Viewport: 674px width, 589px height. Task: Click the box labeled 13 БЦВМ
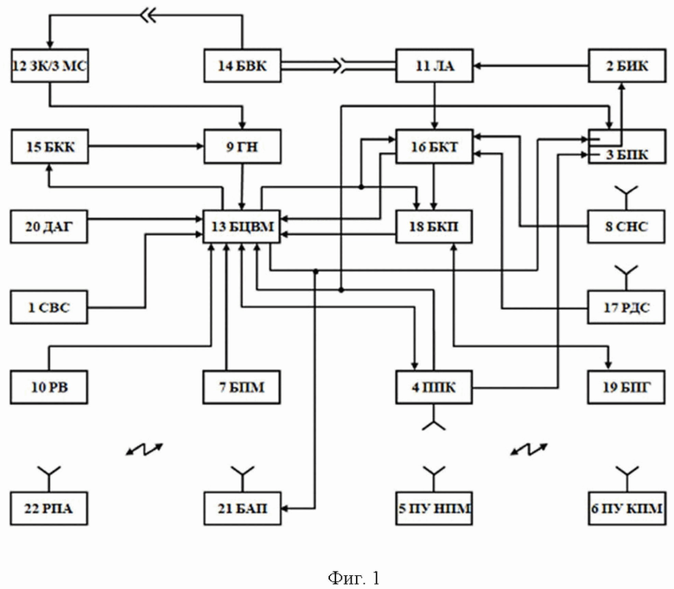coord(240,226)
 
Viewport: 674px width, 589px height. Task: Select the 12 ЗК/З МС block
coord(49,66)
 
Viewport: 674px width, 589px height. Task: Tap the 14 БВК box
coord(243,66)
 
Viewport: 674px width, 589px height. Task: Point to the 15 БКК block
coord(49,146)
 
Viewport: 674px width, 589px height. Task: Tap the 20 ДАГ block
coord(49,226)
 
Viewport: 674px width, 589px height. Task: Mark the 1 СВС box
coord(49,307)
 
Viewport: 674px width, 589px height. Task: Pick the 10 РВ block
coord(49,386)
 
